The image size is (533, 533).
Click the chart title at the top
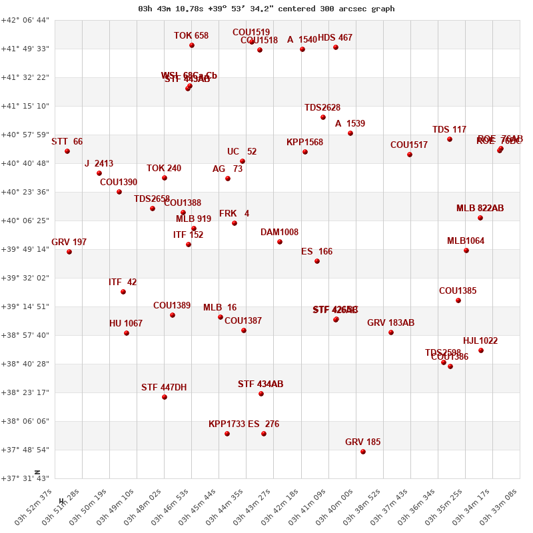coord(266,9)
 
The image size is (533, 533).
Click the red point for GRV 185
coord(363,452)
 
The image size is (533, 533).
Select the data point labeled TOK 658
coord(192,45)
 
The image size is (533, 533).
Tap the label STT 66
coord(67,141)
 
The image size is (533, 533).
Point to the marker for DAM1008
coord(280,242)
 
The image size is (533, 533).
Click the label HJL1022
coord(480,341)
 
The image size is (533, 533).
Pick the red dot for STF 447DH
coord(165,397)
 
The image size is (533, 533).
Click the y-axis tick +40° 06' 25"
coord(25,221)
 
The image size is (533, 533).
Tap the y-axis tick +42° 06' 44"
coord(25,20)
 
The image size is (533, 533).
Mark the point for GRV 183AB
coord(391,332)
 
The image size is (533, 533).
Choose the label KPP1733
coord(227,424)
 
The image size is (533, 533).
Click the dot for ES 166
coord(317,261)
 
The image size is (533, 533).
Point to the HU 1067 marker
coord(127,333)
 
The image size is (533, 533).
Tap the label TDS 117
coord(449,129)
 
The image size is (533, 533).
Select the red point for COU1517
coord(410,155)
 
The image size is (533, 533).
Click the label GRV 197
coord(69,242)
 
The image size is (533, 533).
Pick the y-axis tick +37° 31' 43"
coord(25,478)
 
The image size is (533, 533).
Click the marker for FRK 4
coord(235,223)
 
